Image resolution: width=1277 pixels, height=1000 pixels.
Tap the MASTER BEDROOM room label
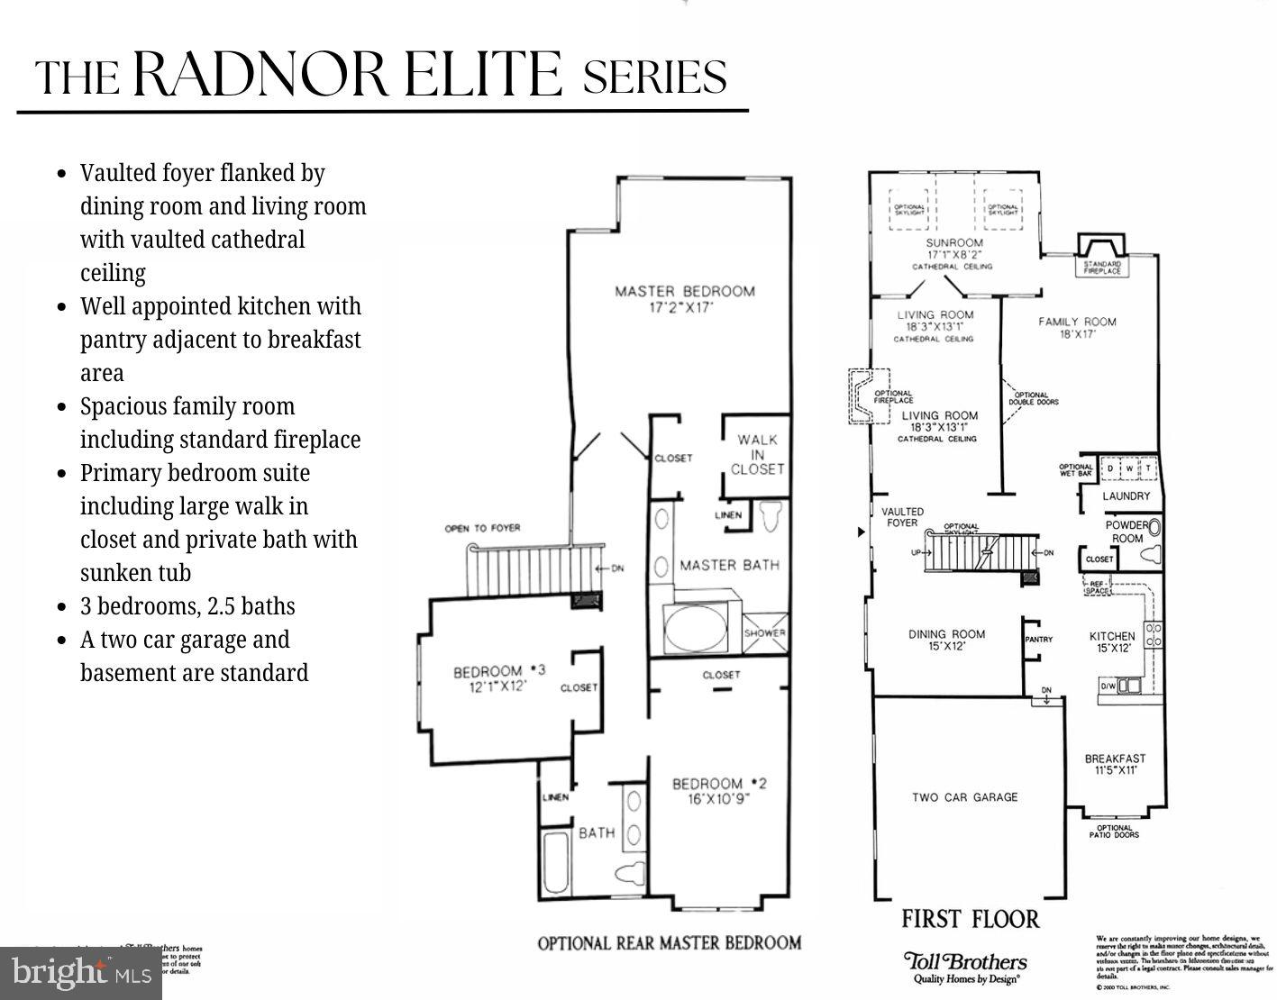(x=684, y=298)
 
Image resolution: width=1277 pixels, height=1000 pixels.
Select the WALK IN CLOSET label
(x=757, y=454)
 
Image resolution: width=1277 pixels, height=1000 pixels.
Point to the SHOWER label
(x=764, y=632)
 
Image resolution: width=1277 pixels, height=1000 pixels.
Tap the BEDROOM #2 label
(x=718, y=790)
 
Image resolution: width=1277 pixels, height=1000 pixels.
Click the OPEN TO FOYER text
(x=482, y=528)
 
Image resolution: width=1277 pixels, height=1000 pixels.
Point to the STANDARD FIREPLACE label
(x=1101, y=268)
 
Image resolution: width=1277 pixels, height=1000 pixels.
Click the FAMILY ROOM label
(x=1077, y=327)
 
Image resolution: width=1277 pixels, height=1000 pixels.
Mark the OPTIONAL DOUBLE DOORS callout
(x=1033, y=398)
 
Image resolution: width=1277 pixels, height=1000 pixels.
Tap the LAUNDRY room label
(x=1126, y=495)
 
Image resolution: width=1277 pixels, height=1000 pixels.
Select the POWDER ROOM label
(x=1126, y=532)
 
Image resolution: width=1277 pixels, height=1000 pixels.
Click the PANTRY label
(x=1039, y=640)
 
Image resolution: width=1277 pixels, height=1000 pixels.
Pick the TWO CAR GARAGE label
(x=964, y=797)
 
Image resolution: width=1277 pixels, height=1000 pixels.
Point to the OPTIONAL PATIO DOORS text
(x=1114, y=831)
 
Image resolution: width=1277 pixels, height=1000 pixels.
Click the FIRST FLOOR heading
(x=971, y=919)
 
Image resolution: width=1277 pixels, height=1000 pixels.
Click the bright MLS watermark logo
(x=81, y=973)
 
